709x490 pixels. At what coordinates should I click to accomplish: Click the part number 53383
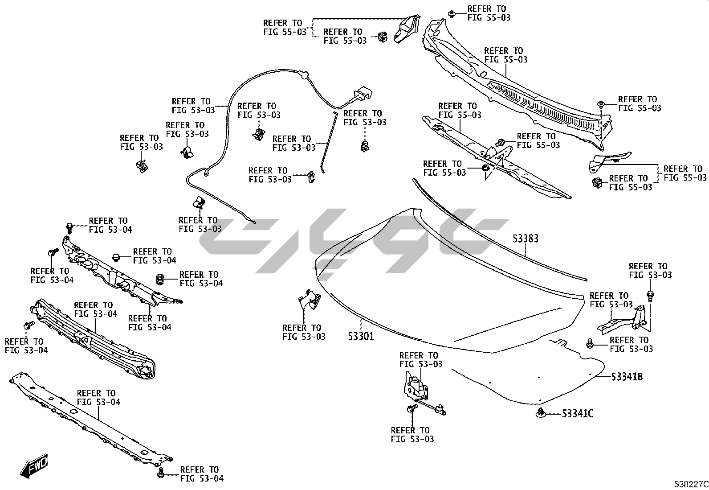click(x=525, y=239)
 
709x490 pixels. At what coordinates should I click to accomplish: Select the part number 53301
click(x=361, y=336)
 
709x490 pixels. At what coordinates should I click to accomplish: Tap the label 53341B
click(x=627, y=377)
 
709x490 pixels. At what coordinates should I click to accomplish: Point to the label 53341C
click(x=577, y=414)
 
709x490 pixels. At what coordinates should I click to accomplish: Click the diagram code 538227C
click(x=690, y=484)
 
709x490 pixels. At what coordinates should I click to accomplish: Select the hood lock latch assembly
click(x=416, y=386)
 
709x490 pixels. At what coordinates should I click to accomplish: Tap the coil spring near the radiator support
click(x=161, y=280)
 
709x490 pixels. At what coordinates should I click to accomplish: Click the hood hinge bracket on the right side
click(x=623, y=321)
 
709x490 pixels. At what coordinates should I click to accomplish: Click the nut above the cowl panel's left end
click(x=451, y=13)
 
